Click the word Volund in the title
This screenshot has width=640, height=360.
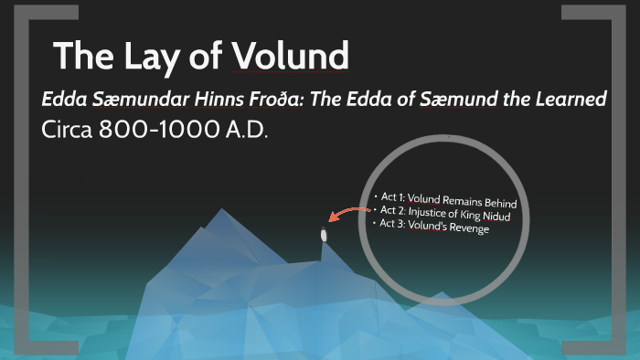point(292,57)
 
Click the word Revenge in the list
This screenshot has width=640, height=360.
point(468,228)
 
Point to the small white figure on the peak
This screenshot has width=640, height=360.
point(323,235)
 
